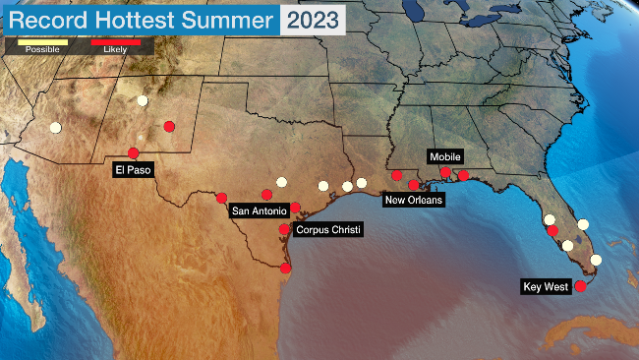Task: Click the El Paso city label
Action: click(x=131, y=170)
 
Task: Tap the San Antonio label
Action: click(x=259, y=210)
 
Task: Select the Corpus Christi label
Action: click(x=328, y=229)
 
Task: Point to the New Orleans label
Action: click(x=414, y=200)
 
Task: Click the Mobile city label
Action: click(x=444, y=156)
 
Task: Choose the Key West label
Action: click(x=547, y=287)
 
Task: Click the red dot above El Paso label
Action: click(x=133, y=153)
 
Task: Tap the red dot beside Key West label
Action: click(x=580, y=286)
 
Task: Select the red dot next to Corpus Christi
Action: click(x=284, y=229)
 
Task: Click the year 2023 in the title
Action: click(x=313, y=19)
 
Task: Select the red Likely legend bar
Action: click(x=115, y=41)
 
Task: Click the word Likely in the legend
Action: click(x=115, y=49)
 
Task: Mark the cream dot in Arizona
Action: click(x=55, y=127)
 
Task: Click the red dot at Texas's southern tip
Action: click(x=285, y=268)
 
